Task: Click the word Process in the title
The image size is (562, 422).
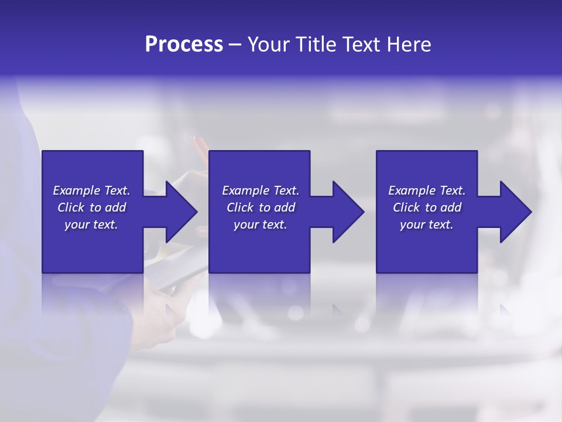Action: click(x=184, y=45)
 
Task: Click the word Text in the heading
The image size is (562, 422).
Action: click(x=361, y=45)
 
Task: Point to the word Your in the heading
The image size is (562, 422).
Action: click(x=269, y=45)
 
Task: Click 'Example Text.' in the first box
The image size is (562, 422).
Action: click(x=91, y=190)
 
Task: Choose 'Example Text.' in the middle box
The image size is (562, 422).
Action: click(x=261, y=190)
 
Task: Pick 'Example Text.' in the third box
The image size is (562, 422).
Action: click(x=427, y=190)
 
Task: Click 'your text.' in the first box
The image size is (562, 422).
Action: click(x=91, y=224)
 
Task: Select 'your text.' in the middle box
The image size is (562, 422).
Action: click(x=261, y=224)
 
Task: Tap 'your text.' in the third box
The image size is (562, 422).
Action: click(x=427, y=224)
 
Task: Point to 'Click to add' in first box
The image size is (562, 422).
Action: click(x=91, y=207)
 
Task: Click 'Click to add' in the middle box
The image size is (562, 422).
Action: click(x=261, y=207)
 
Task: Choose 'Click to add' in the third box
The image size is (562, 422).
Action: click(x=427, y=207)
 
